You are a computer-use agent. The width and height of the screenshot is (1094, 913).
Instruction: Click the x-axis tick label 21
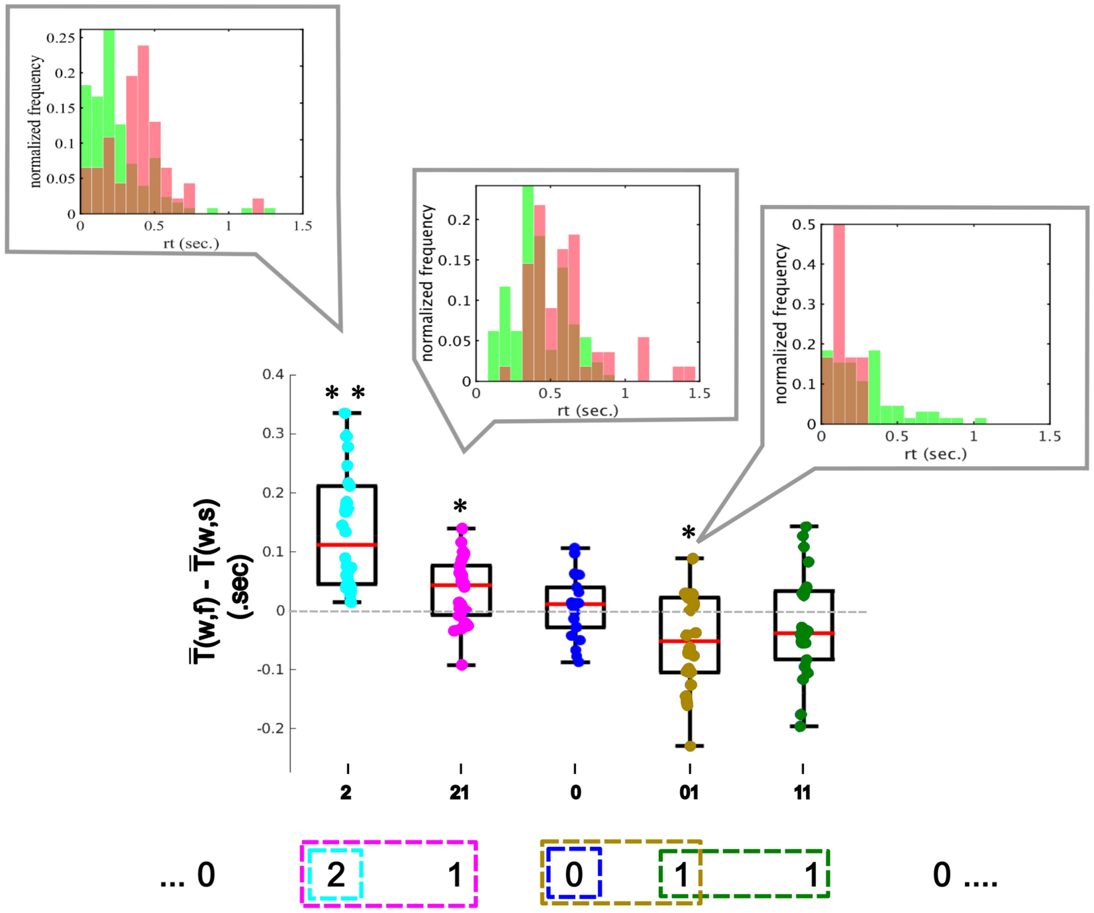[460, 793]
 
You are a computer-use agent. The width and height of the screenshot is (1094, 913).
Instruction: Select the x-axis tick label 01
[689, 793]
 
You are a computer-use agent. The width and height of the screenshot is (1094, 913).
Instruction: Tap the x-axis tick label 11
[802, 793]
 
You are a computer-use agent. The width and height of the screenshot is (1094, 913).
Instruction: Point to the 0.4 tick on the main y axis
[273, 375]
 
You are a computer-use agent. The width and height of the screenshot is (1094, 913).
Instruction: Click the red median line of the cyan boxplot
[347, 545]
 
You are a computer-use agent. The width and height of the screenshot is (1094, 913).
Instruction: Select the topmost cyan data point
[345, 413]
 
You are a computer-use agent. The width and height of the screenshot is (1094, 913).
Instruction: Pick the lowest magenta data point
[462, 665]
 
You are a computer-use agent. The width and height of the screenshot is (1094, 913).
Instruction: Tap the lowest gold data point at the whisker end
[690, 746]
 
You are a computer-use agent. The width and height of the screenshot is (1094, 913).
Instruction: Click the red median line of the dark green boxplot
[803, 634]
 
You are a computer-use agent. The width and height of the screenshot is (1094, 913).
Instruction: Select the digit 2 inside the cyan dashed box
[336, 875]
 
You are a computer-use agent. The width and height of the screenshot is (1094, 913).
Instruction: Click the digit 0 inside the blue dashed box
[573, 875]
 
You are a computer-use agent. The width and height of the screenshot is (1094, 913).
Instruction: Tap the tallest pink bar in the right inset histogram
[839, 291]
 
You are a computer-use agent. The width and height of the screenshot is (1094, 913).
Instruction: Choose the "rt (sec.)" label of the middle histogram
[587, 410]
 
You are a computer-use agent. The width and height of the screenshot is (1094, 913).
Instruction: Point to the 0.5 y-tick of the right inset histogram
[803, 225]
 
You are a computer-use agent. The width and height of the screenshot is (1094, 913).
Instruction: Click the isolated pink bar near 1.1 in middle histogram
[643, 359]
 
